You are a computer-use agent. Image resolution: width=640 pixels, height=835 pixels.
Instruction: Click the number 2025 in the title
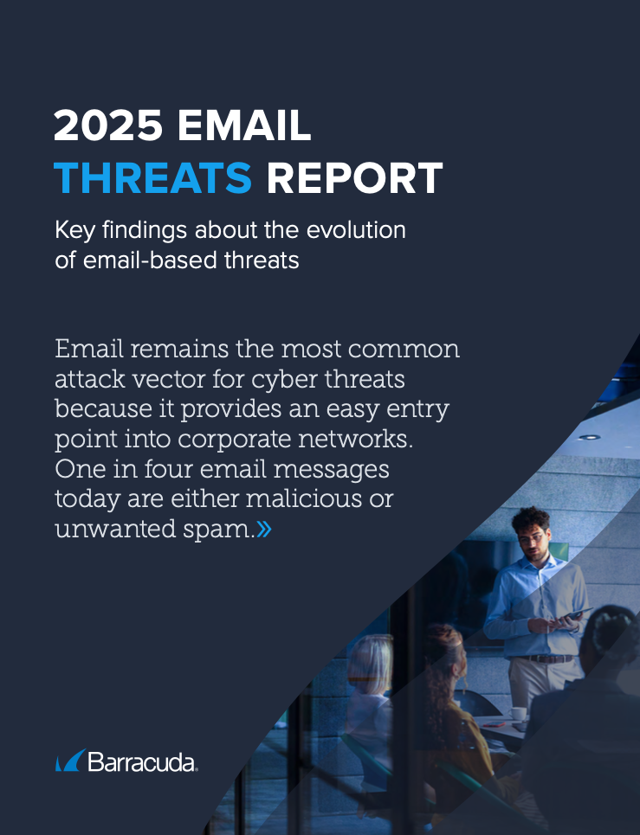(108, 125)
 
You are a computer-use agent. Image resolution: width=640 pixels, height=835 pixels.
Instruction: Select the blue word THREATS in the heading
(153, 177)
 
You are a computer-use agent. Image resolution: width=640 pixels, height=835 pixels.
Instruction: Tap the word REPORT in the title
(354, 177)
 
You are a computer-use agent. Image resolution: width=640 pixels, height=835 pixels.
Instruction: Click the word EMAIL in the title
(244, 125)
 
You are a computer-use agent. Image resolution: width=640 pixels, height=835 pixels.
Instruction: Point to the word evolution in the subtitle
(356, 230)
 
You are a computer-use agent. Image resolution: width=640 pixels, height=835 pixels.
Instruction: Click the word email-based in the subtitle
(151, 260)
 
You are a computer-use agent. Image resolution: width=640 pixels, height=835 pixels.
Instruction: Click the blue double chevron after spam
(264, 529)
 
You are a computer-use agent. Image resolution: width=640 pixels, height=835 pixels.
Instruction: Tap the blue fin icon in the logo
(70, 761)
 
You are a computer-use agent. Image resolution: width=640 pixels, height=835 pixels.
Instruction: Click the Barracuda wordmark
(142, 762)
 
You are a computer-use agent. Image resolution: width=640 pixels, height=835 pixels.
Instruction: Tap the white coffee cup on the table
(518, 714)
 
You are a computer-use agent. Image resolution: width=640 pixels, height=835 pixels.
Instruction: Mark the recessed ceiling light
(590, 437)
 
